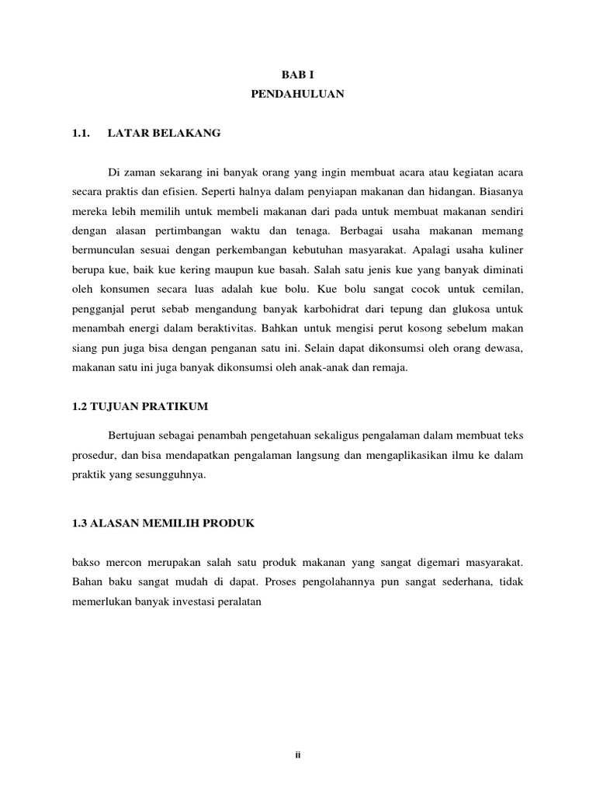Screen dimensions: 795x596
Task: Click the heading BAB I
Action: [297, 74]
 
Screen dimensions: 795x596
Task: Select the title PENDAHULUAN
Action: [297, 94]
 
